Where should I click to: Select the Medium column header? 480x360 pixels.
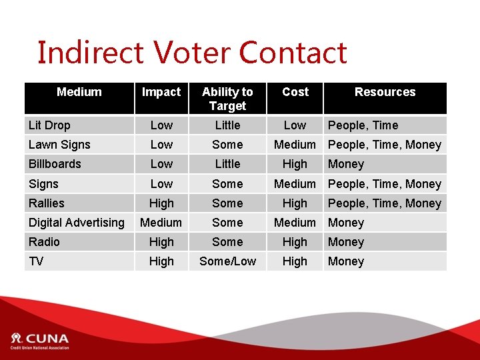tap(79, 92)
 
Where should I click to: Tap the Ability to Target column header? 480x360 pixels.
tap(227, 99)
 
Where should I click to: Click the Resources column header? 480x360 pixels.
tap(385, 92)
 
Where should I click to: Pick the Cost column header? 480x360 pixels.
tap(295, 92)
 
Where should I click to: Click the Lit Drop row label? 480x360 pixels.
tap(49, 125)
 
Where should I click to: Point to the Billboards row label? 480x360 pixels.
tap(55, 164)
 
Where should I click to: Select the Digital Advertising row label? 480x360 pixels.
tap(76, 223)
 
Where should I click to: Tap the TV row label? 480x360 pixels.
tap(36, 261)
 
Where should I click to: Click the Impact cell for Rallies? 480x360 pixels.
tap(161, 203)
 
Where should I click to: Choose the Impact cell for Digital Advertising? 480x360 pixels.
tap(161, 223)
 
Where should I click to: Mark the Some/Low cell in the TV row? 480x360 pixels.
tap(227, 261)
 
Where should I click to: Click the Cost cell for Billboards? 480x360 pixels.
tap(295, 164)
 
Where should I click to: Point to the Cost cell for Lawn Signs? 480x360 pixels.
tap(295, 145)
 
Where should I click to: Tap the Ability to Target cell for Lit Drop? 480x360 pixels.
tap(227, 125)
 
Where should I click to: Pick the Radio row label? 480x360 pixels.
tap(44, 242)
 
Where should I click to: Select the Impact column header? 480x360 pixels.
tap(161, 92)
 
